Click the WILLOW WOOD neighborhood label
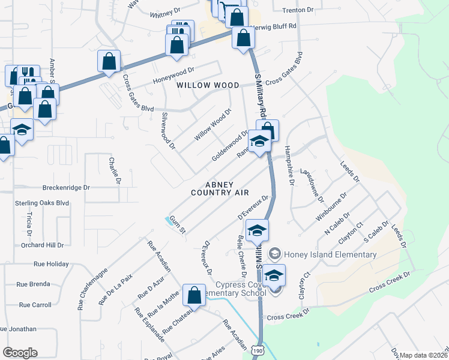[x=208, y=86]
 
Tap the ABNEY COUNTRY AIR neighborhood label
[x=220, y=188]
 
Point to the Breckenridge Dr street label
[x=66, y=187]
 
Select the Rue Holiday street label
[x=51, y=263]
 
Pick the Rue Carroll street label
[x=35, y=305]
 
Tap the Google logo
[x=20, y=353]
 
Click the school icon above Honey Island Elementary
[x=257, y=231]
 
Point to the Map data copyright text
[x=423, y=355]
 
